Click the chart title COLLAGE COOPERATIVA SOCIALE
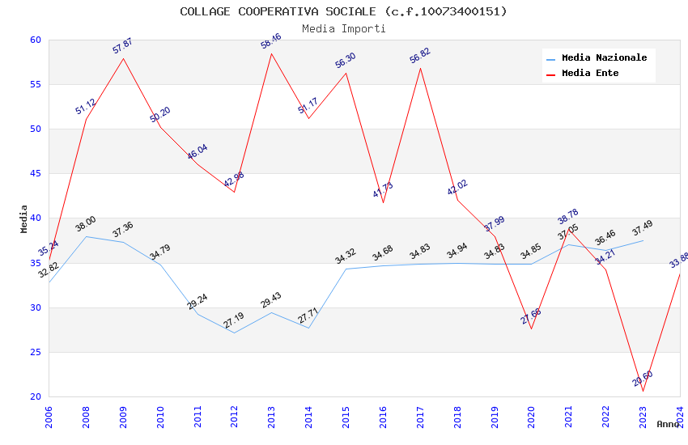[343, 11]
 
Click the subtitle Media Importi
[343, 28]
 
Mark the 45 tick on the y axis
[35, 174]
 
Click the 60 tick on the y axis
[35, 40]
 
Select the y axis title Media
[24, 218]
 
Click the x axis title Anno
[668, 424]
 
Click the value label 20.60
[643, 379]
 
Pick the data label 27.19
[234, 320]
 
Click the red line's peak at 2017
[420, 68]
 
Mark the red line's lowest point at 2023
[643, 392]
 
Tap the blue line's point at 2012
[234, 333]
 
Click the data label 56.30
[346, 61]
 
